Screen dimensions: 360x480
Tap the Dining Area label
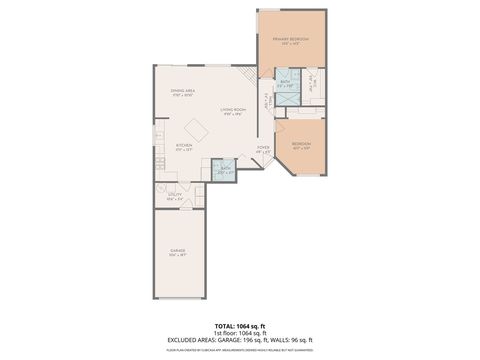[x=182, y=91]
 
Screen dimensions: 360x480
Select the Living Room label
[x=234, y=111]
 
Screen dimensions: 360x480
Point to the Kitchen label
[x=184, y=146]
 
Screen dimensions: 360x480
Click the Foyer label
[x=262, y=149]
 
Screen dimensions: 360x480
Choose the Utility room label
[x=174, y=196]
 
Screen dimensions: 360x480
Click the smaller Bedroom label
[x=301, y=144]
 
